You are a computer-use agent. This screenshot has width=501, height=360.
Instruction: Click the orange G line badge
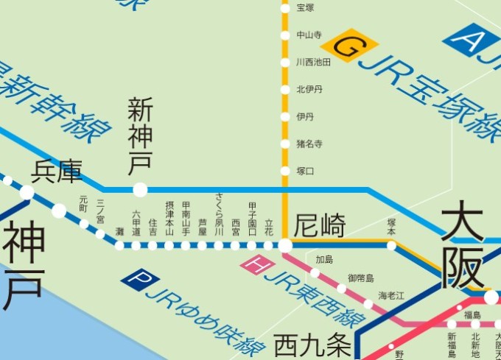click(x=351, y=46)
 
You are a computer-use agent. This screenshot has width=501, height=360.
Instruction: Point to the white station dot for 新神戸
click(x=140, y=190)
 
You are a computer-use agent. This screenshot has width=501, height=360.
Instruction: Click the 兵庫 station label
click(x=56, y=172)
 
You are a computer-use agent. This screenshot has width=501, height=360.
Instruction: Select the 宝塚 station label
click(x=305, y=8)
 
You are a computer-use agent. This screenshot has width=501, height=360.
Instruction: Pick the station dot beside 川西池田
click(x=285, y=63)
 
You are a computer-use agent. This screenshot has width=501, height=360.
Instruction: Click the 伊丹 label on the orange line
click(x=305, y=116)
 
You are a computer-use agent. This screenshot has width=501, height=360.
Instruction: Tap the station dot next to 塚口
click(x=285, y=171)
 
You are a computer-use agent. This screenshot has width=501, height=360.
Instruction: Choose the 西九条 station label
click(x=305, y=344)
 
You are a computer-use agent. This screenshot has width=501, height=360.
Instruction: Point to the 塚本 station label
click(x=391, y=226)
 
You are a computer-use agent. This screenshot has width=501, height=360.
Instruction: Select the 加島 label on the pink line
click(x=325, y=260)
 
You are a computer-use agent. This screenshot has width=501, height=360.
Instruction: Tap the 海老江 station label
click(x=391, y=295)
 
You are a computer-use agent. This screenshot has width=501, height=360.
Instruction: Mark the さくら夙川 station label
click(x=219, y=213)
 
